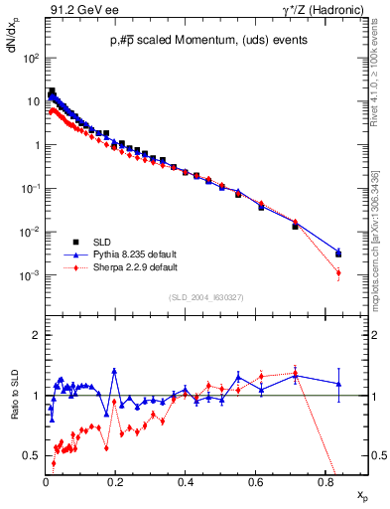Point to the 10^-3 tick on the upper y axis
(x=30, y=275)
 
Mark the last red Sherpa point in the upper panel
(x=338, y=272)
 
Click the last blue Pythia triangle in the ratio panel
(x=338, y=384)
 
